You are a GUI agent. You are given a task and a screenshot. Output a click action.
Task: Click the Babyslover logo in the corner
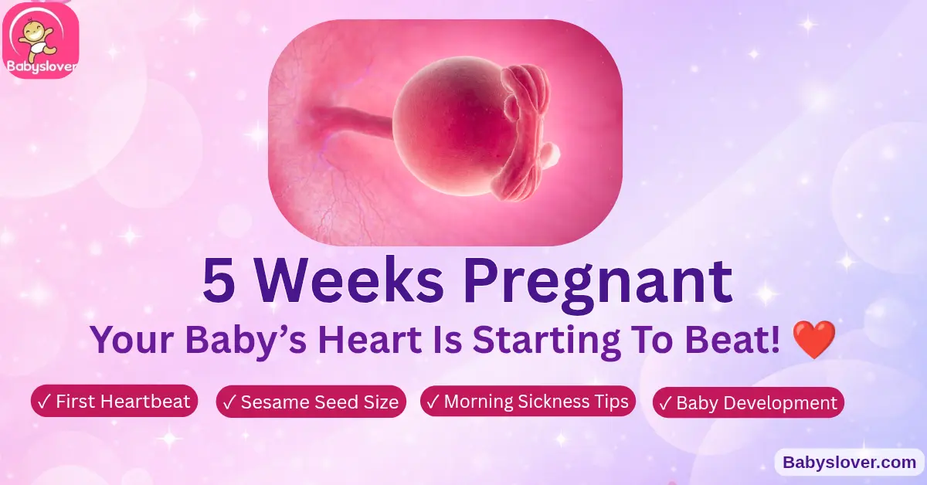(41, 40)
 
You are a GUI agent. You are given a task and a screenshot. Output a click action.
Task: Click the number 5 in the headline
(219, 283)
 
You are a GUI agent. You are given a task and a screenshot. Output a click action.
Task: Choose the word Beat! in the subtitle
(742, 341)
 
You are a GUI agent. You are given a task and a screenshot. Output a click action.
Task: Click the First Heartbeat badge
(114, 401)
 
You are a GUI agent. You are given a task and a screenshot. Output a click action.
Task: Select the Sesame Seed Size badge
(311, 402)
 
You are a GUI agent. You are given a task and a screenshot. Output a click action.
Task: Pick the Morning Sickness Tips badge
(528, 401)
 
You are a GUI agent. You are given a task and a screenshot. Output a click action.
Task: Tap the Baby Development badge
(748, 402)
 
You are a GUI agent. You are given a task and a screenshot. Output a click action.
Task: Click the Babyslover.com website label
(850, 463)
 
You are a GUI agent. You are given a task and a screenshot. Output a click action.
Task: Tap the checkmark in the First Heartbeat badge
(44, 401)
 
